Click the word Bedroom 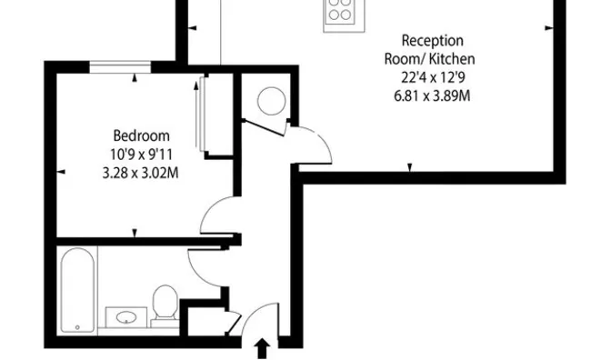[x=140, y=135]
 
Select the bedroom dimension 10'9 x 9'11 [x=140, y=154]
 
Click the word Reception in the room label [x=433, y=41]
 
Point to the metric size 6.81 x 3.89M [x=433, y=95]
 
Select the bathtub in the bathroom [x=77, y=289]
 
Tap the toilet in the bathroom [x=165, y=304]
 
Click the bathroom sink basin [x=125, y=317]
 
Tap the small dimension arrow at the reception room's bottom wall [x=410, y=167]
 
